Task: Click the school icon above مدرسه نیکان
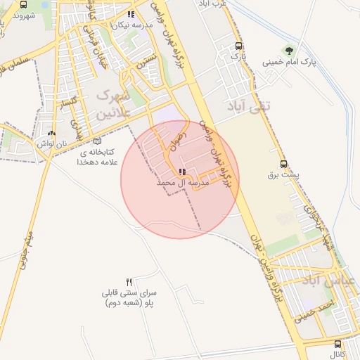130,14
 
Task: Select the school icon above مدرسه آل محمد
182,171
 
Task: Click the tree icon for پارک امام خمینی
288,50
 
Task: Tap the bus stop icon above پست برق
283,162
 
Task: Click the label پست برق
286,174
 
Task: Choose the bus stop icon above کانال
338,344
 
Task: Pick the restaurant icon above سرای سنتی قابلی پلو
129,281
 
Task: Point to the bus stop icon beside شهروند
24,4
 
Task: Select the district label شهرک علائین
111,102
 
